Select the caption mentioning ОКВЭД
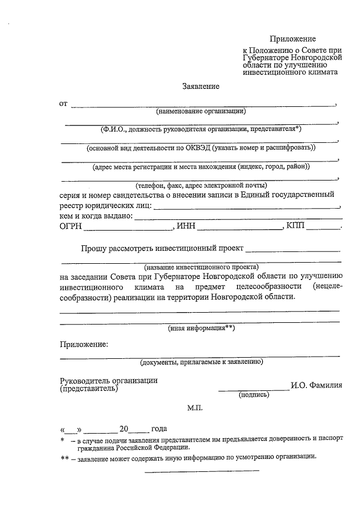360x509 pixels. pyautogui.click(x=201, y=148)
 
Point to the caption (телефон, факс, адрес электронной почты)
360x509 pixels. pyautogui.click(x=201, y=185)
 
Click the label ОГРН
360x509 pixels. pyautogui.click(x=71, y=226)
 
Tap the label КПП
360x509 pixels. pyautogui.click(x=296, y=226)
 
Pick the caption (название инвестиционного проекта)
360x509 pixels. pyautogui.click(x=201, y=267)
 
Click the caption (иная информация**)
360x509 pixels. pyautogui.click(x=201, y=327)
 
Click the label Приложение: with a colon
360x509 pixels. pyautogui.click(x=84, y=344)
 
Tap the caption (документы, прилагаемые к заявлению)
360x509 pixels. pyautogui.click(x=201, y=362)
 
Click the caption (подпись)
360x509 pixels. pyautogui.click(x=254, y=395)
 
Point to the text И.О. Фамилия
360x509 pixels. pyautogui.click(x=317, y=386)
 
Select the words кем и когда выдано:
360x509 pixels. pyautogui.click(x=96, y=215)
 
